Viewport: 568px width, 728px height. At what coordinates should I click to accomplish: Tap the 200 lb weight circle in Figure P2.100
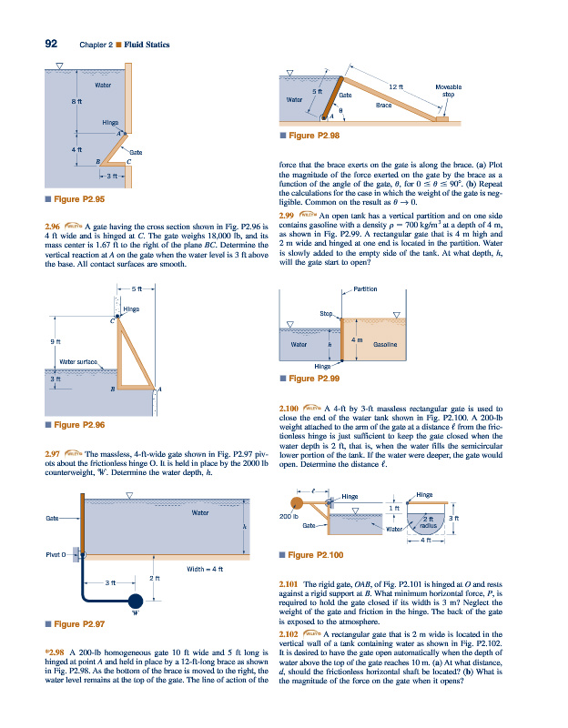(x=299, y=504)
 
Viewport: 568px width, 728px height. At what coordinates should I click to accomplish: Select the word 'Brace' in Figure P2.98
(x=383, y=105)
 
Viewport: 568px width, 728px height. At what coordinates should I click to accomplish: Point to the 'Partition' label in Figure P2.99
(x=365, y=288)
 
